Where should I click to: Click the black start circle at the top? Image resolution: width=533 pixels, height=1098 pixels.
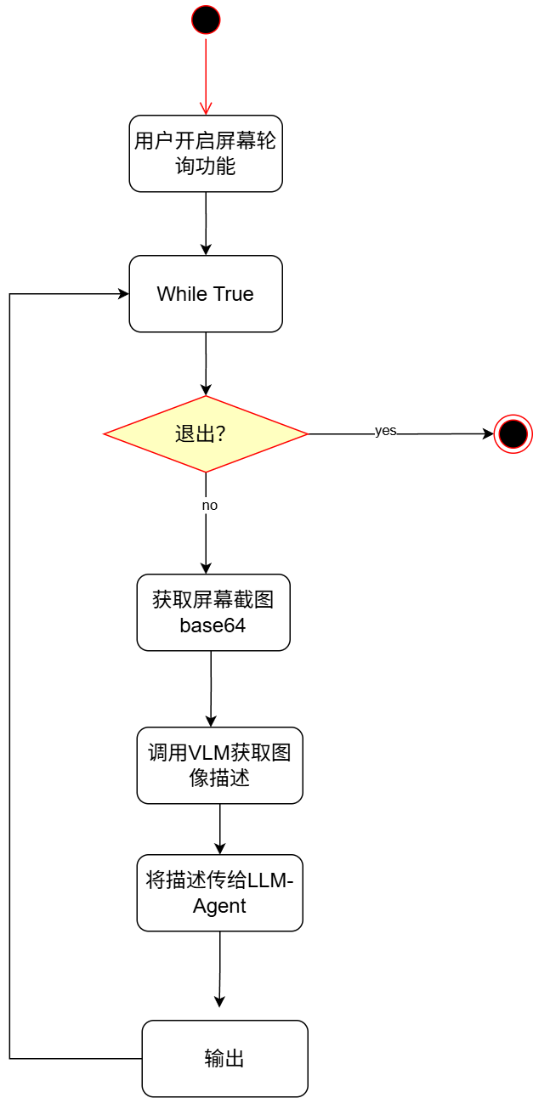point(206,19)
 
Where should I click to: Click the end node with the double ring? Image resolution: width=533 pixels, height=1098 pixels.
point(513,434)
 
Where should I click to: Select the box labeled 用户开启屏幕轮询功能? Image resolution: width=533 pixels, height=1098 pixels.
point(206,153)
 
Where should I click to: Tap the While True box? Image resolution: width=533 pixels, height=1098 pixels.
point(206,294)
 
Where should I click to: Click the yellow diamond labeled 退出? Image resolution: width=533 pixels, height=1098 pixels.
point(205,434)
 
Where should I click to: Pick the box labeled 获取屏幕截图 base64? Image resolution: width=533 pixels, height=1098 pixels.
point(213,613)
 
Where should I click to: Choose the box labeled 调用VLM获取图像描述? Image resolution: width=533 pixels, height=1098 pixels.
point(219,765)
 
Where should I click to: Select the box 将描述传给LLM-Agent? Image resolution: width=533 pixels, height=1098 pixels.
point(219,892)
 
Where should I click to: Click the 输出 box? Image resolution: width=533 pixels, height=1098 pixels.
point(224,1058)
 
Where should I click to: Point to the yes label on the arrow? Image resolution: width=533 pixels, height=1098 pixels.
point(386,431)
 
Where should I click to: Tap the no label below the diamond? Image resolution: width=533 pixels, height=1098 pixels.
point(209,505)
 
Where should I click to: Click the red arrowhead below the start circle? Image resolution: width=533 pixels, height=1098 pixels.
point(206,108)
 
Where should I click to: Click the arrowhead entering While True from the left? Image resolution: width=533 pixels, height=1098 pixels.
point(123,294)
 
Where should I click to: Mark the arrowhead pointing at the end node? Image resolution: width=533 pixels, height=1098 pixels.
point(488,434)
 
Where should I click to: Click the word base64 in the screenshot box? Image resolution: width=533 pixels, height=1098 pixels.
point(213,626)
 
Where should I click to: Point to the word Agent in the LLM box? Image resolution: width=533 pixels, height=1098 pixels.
point(219,906)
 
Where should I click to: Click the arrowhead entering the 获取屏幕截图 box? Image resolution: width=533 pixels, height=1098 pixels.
point(206,569)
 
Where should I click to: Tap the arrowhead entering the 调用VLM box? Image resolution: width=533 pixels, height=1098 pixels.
point(212,722)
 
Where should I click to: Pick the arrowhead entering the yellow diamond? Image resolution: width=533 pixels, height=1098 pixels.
point(206,390)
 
